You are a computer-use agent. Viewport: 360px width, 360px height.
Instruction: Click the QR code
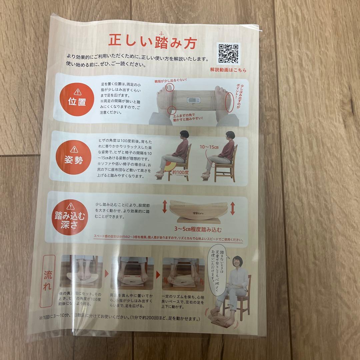coord(228,54)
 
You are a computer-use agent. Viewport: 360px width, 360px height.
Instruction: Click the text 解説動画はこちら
coord(228,70)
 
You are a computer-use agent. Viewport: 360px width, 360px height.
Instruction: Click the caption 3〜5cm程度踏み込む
coord(198,230)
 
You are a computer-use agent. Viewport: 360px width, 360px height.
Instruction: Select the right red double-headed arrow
coord(232,208)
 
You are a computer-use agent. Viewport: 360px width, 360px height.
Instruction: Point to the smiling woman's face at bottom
coord(238,263)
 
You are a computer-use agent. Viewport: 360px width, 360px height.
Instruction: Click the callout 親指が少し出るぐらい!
coord(170,81)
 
